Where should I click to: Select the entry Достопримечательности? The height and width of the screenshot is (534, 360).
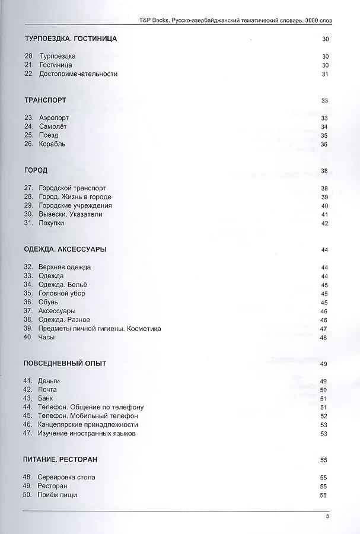78,74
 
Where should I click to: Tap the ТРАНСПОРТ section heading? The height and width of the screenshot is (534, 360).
45,100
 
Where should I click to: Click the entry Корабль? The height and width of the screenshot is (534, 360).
52,144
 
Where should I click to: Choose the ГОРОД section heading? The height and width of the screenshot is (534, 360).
36,171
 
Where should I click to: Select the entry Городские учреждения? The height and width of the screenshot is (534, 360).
75,206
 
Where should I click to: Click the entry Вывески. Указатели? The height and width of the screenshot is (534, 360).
71,214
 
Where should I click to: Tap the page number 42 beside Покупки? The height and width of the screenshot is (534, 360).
324,224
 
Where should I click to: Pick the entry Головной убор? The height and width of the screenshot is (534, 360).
62,294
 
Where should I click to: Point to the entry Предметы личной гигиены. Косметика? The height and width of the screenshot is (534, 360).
100,329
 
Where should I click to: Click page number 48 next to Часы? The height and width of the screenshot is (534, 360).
324,338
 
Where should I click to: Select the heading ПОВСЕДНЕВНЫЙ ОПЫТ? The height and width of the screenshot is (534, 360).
65,363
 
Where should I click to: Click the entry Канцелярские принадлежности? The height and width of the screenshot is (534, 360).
88,425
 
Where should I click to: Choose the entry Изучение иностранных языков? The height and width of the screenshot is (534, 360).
87,434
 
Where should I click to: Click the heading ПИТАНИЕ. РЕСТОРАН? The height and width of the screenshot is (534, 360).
60,460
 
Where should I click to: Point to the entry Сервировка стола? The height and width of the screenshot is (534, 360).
66,478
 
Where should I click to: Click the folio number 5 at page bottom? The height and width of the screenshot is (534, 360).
327,516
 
